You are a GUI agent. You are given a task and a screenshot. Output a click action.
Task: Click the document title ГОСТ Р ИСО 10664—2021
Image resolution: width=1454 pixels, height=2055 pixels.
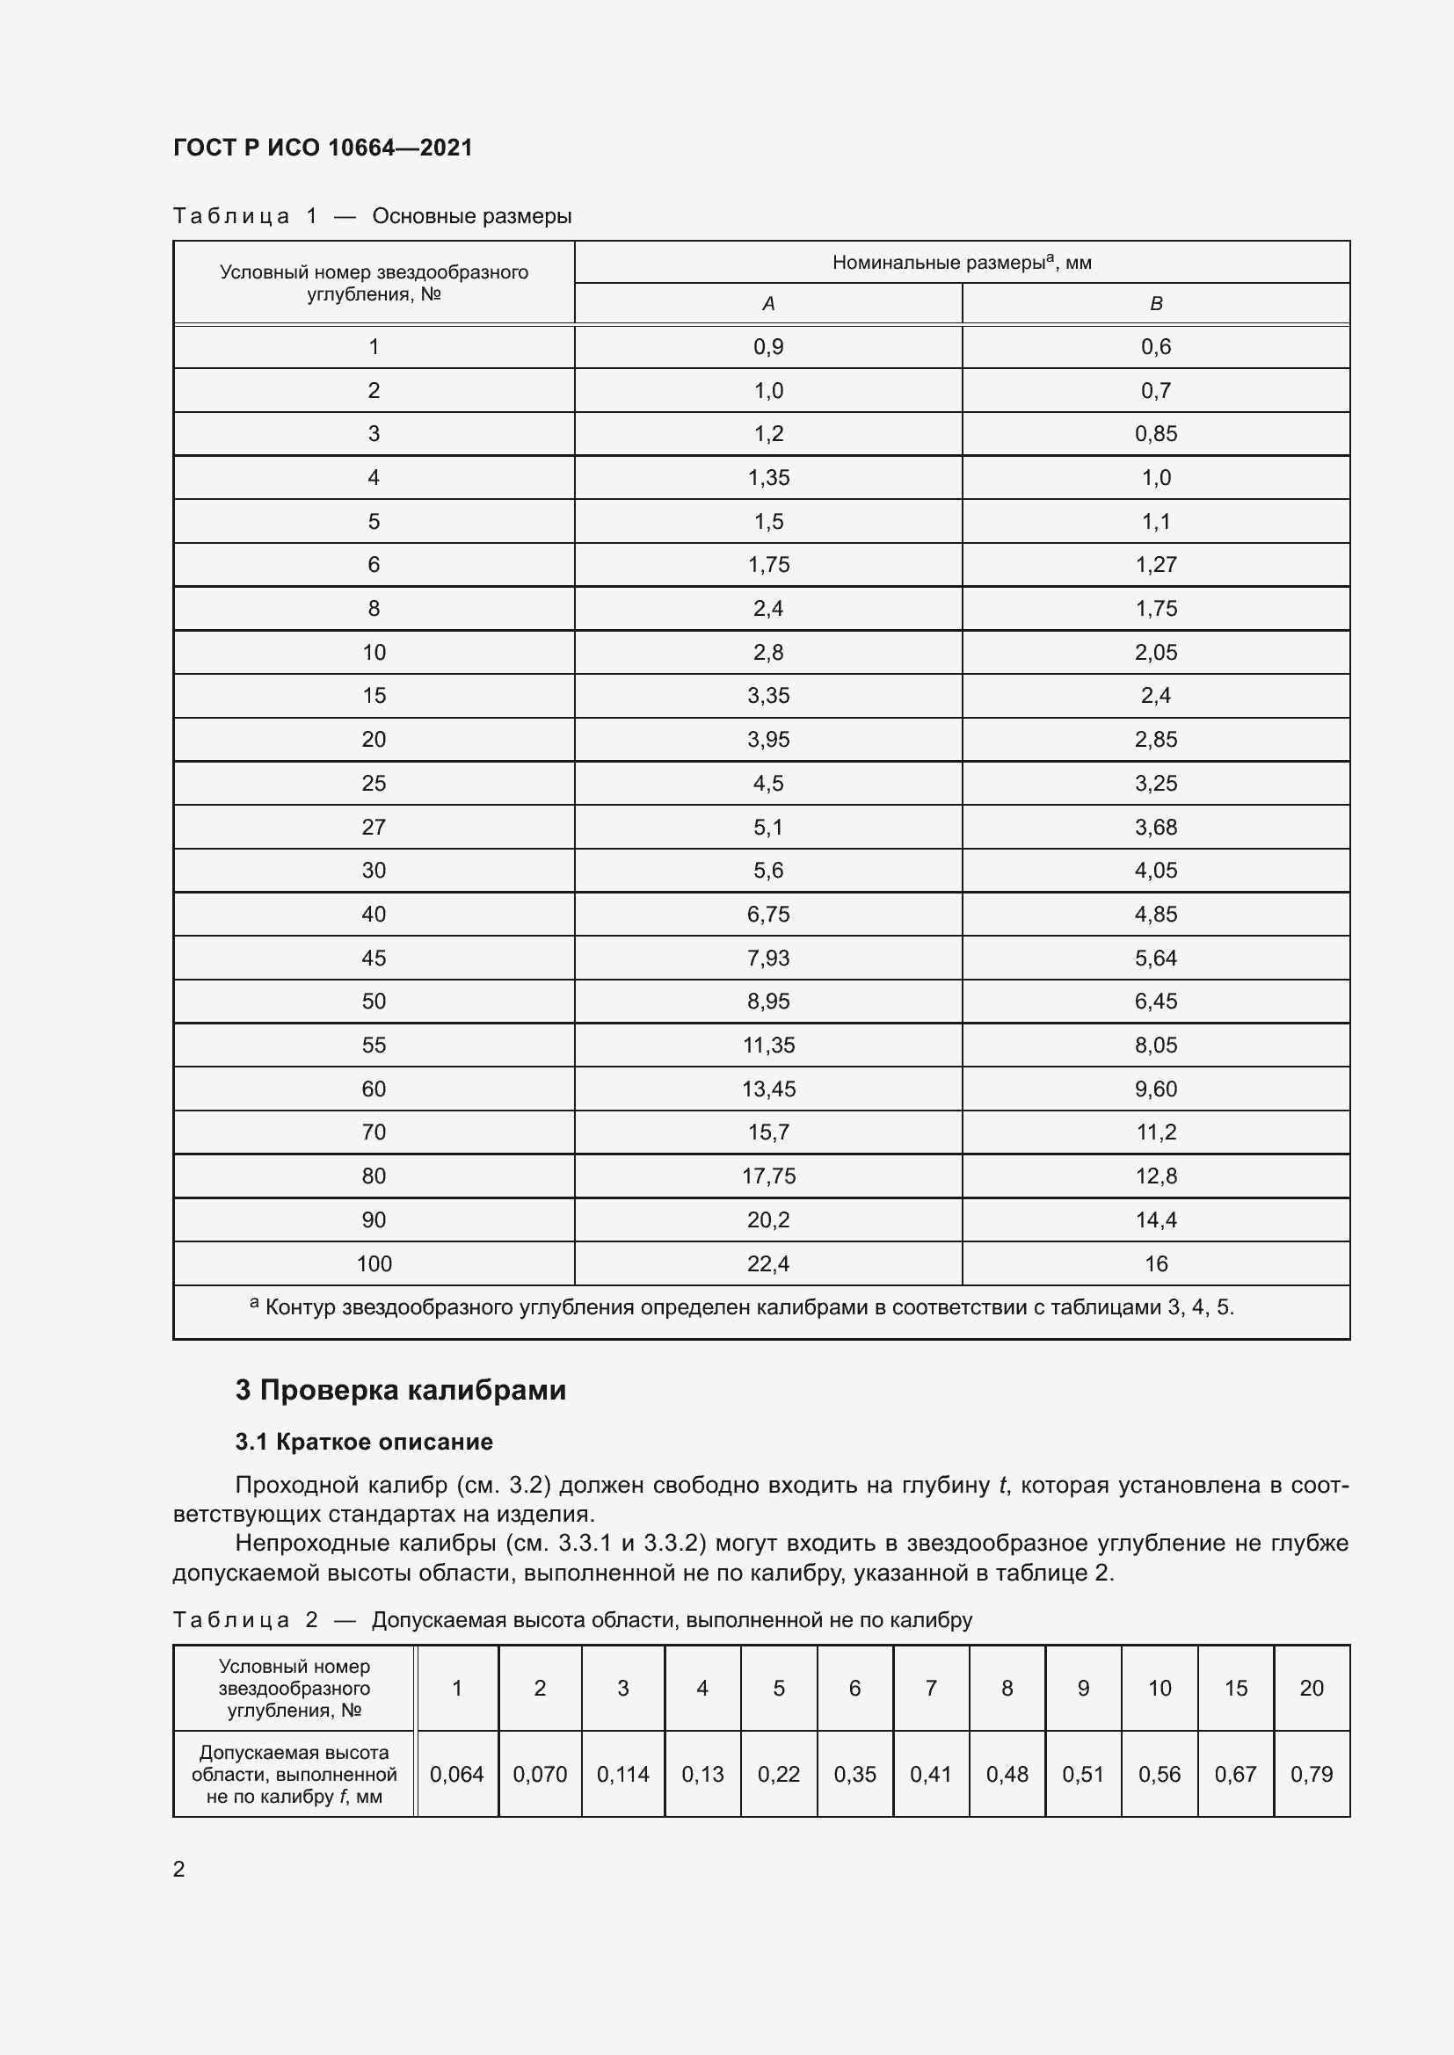[x=323, y=148]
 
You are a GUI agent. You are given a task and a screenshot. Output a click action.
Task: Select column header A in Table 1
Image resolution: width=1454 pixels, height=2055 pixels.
[x=767, y=304]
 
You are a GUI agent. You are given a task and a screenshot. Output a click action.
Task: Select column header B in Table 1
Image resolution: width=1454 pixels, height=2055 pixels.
[x=1155, y=304]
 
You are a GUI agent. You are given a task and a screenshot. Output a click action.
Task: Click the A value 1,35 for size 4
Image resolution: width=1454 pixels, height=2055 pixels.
[x=768, y=478]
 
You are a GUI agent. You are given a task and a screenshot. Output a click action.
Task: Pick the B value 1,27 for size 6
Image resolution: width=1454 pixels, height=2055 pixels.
[x=1155, y=565]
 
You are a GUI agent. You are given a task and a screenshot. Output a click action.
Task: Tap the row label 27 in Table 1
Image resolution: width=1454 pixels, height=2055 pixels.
[x=374, y=827]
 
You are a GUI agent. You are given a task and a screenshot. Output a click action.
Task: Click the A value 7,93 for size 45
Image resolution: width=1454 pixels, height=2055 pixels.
[x=768, y=958]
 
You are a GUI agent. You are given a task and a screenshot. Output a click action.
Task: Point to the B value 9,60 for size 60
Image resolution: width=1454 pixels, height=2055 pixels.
[x=1155, y=1089]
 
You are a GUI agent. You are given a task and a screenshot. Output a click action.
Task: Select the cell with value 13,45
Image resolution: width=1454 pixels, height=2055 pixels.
[x=768, y=1089]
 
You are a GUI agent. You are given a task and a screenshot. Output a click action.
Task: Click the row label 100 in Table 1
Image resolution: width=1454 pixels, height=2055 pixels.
[x=374, y=1263]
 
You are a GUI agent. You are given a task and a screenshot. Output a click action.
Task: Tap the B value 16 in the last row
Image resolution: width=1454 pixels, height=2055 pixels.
[x=1155, y=1263]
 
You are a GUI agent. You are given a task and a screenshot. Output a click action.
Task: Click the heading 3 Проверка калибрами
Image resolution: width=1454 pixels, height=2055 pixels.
[x=400, y=1390]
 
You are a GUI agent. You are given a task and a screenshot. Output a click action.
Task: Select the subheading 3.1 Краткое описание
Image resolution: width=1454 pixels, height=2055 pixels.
[x=364, y=1442]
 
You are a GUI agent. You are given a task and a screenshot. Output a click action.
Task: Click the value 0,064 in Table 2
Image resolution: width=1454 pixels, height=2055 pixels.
[x=456, y=1774]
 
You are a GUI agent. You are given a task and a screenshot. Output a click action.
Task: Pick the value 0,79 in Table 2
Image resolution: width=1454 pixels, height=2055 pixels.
[x=1311, y=1774]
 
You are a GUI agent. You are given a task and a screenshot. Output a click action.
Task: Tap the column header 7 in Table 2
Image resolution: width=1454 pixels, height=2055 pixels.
[x=930, y=1688]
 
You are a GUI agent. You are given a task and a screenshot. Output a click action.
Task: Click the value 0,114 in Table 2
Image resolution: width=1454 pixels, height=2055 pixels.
[x=622, y=1774]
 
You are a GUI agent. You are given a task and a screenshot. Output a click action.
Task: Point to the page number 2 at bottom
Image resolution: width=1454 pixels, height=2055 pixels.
[x=179, y=1869]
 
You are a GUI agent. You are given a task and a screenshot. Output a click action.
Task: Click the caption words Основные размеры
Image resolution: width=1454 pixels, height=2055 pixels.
[x=472, y=217]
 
